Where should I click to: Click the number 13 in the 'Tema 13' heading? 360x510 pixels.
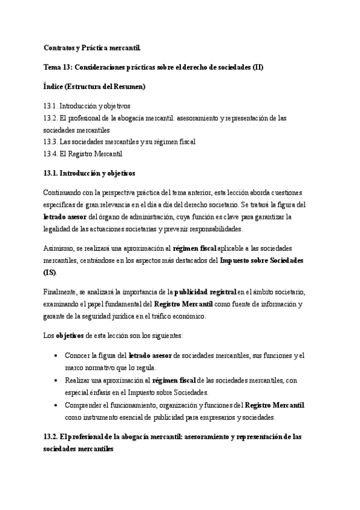pyautogui.click(x=70, y=67)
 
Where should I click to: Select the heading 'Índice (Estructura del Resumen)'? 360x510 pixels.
pyautogui.click(x=94, y=87)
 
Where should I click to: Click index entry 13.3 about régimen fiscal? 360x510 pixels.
pyautogui.click(x=119, y=141)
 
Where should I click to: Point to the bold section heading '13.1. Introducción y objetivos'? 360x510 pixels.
pyautogui.click(x=90, y=173)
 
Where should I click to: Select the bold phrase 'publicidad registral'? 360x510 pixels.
pyautogui.click(x=210, y=291)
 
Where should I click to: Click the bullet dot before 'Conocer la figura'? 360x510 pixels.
pyautogui.click(x=56, y=355)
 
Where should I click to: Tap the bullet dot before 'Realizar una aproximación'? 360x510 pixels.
pyautogui.click(x=56, y=380)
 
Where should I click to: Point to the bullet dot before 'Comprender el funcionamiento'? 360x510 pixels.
pyautogui.click(x=56, y=405)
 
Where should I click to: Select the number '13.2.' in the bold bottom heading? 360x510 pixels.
pyautogui.click(x=52, y=437)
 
